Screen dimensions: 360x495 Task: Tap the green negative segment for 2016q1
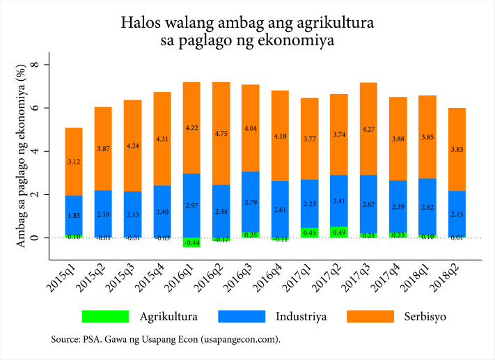tap(191, 242)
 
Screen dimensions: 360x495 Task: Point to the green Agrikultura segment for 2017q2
tap(340, 232)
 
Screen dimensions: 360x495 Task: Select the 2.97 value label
tap(191, 207)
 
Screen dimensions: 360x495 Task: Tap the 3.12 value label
tap(74, 162)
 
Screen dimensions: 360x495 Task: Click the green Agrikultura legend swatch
tap(105, 316)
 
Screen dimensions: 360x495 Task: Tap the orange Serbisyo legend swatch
tap(377, 316)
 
